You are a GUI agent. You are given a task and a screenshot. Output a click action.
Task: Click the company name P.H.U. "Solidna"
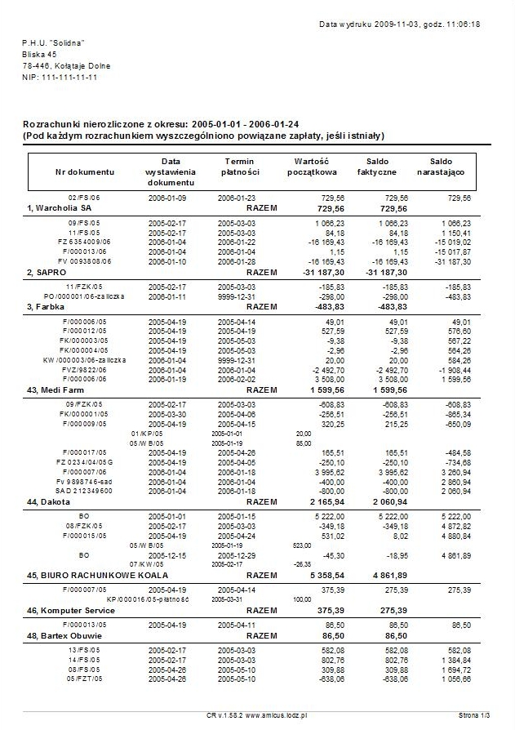[54, 42]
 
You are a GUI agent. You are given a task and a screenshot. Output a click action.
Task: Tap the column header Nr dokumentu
[85, 172]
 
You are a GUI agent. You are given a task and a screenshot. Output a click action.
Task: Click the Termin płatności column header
[241, 167]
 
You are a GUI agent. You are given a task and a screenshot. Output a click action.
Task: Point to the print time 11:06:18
[463, 24]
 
